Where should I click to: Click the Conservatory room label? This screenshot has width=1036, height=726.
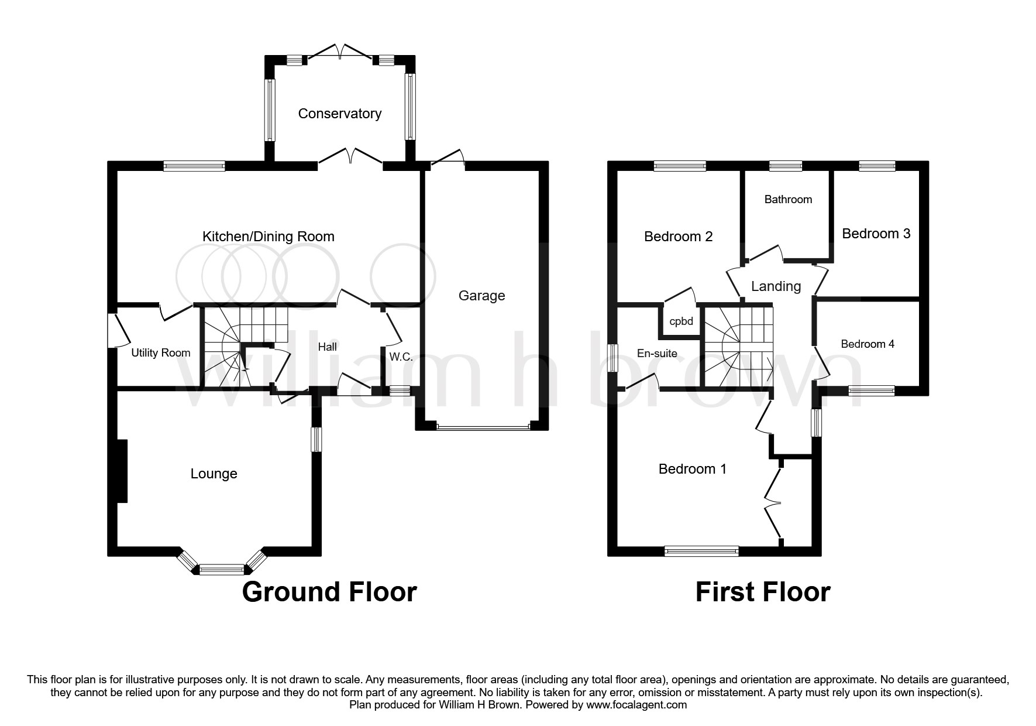point(339,114)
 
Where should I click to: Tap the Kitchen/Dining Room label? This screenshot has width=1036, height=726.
point(268,237)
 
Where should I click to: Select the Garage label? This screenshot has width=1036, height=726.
point(481,296)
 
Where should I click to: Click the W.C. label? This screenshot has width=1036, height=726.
point(401,357)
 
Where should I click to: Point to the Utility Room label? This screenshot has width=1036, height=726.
point(160,353)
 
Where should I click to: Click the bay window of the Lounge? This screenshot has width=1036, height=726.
point(221,567)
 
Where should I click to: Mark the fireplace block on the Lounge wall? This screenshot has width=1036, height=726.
point(122,471)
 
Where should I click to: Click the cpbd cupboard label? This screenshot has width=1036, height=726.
point(681,321)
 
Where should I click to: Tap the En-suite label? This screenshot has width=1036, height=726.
point(657,354)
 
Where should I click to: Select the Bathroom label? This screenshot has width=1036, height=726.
point(788,200)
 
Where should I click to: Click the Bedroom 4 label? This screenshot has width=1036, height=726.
point(867,344)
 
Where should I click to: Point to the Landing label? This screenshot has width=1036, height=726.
point(776,286)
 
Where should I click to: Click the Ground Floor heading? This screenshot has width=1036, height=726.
point(329,592)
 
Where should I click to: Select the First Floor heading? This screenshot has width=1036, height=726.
point(762,592)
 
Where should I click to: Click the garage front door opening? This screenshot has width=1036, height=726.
point(483,427)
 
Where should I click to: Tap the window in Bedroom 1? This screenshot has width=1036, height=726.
point(701,550)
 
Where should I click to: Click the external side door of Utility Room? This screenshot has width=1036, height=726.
point(113,331)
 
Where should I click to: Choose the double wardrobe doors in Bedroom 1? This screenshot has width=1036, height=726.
point(774,501)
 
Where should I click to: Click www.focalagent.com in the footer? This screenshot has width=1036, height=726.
point(636,705)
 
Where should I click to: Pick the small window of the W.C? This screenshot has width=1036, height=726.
point(400,390)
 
